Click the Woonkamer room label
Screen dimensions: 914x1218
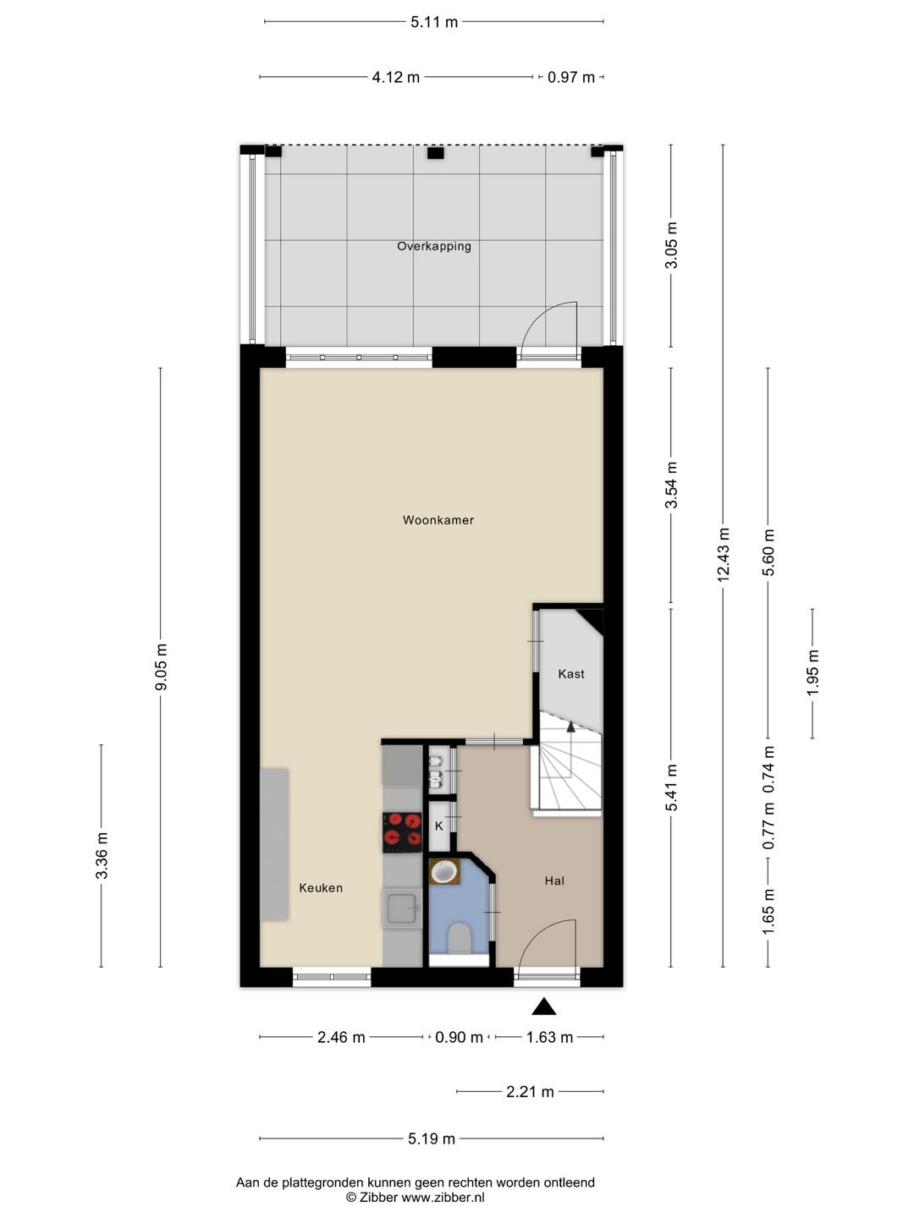tap(438, 520)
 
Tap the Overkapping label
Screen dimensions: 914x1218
tap(434, 246)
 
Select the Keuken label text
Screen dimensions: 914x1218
tap(321, 888)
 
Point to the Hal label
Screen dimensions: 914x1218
tap(554, 881)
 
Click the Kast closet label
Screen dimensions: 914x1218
tap(571, 673)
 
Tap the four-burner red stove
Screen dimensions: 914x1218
tap(402, 832)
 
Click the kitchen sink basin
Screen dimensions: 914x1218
tap(402, 908)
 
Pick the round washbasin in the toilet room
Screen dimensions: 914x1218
tap(444, 872)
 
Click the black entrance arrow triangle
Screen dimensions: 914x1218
tap(544, 1007)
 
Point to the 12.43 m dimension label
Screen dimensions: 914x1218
tap(723, 555)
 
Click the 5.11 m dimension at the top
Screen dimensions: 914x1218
tap(434, 22)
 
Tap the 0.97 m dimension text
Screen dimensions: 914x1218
tap(571, 77)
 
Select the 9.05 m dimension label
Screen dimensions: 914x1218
tap(161, 667)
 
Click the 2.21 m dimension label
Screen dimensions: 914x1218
tap(530, 1092)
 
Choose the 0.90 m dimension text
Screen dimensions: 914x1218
tap(459, 1037)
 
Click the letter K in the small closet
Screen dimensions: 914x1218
tap(439, 826)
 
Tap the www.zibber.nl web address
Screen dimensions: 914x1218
tap(443, 1198)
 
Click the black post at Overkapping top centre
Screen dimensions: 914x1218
tap(436, 153)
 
